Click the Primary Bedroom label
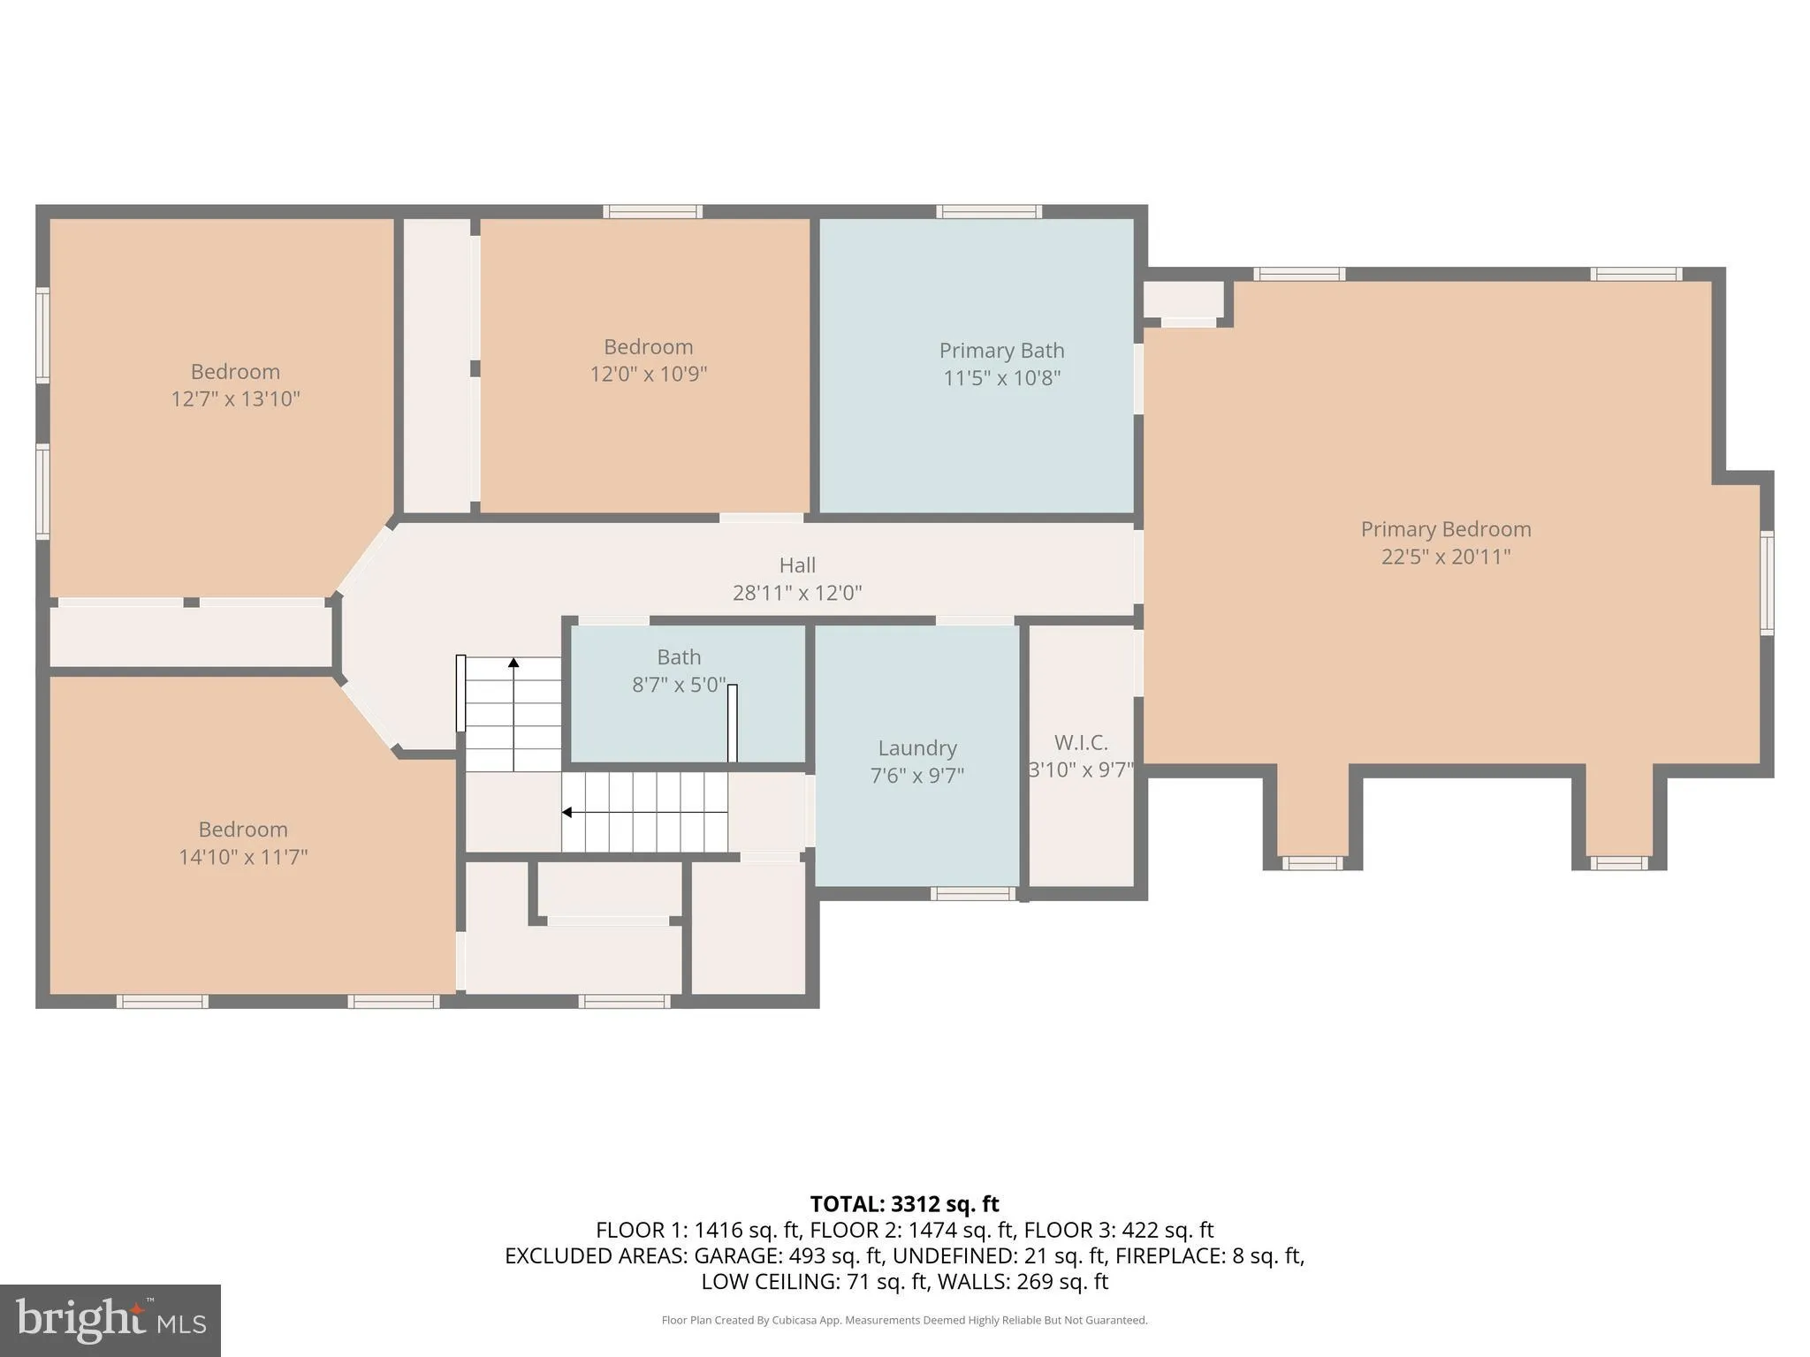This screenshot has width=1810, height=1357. click(1445, 529)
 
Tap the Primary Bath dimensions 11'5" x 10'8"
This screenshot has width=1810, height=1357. click(1001, 378)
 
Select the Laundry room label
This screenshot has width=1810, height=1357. click(916, 748)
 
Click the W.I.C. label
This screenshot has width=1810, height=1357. click(1080, 743)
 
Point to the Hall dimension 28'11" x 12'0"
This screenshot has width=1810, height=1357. click(796, 593)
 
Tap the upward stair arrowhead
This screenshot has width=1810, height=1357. click(513, 662)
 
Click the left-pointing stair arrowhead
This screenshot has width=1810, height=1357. click(567, 812)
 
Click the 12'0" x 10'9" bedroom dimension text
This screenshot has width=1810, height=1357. click(648, 374)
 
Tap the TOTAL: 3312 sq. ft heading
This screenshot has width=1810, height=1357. click(904, 1204)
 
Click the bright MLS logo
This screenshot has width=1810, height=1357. click(110, 1320)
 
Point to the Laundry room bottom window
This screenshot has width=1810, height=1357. click(972, 894)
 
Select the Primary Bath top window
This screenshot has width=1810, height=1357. click(989, 211)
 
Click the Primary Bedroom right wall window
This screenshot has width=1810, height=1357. click(1766, 582)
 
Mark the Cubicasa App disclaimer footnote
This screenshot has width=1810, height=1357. click(904, 1320)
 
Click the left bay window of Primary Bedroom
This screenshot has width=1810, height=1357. click(1312, 862)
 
